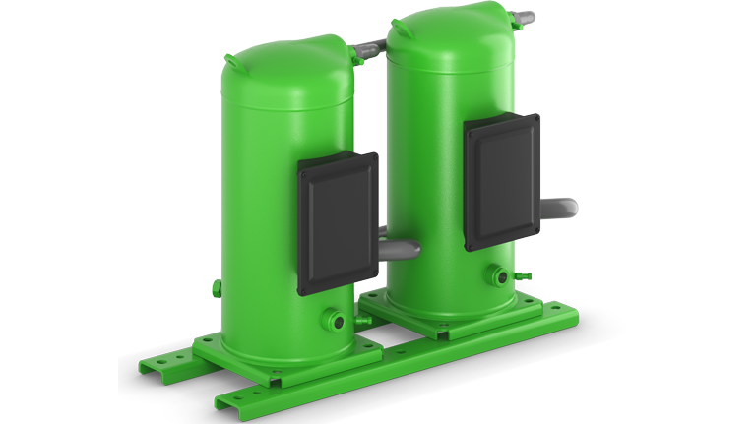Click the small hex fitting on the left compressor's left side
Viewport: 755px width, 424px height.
pos(216,287)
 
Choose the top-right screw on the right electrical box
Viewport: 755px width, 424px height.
pos(535,119)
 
